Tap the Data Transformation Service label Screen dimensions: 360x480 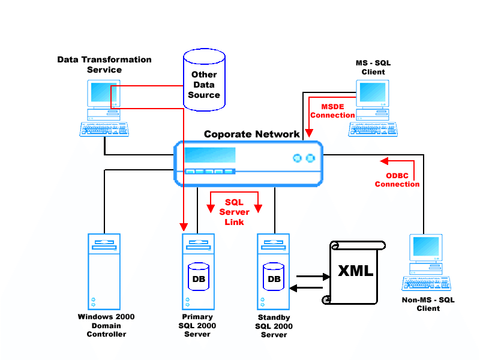104,65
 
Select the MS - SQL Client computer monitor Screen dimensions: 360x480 373,93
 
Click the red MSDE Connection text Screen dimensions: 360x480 333,110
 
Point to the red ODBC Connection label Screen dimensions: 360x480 397,179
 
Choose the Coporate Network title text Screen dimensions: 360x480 251,134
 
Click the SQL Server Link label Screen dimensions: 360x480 234,212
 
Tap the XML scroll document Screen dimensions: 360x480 355,271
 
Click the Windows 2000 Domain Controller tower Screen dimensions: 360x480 104,270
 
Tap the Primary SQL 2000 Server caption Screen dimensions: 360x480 197,325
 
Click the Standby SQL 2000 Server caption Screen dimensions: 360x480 274,326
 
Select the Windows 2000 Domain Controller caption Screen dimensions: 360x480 106,325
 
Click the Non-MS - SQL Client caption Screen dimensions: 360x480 428,304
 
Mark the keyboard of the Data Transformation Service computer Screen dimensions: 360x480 104,128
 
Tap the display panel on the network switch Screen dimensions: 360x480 209,155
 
